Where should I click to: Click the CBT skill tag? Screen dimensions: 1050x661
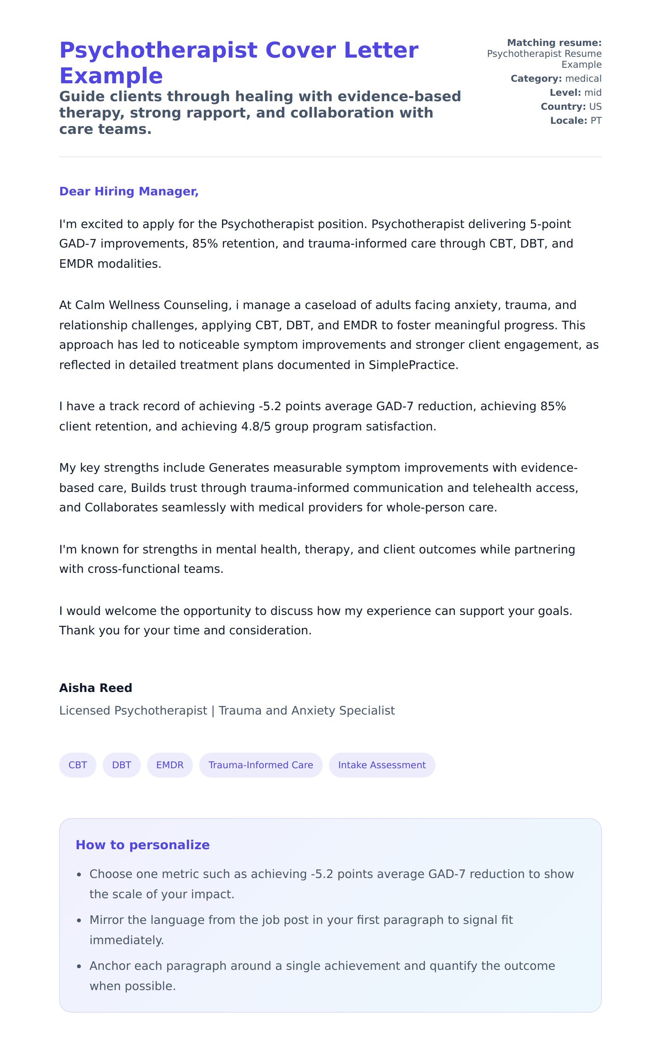point(77,765)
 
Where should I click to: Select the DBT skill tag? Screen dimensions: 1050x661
point(121,765)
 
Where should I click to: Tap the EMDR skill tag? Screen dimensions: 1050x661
point(170,765)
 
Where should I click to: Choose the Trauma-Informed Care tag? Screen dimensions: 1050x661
point(261,765)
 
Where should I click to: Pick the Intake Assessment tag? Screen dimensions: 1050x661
point(382,765)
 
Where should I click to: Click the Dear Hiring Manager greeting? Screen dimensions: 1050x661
point(129,191)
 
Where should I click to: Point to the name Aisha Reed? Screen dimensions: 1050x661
point(95,688)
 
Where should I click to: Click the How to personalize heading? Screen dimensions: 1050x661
point(142,845)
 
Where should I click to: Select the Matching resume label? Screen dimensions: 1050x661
point(554,43)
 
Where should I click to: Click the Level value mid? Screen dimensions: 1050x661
point(593,93)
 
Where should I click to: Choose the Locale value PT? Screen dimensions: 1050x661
point(596,120)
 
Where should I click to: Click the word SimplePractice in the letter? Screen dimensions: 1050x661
point(412,365)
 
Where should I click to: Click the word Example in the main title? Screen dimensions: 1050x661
point(111,76)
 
